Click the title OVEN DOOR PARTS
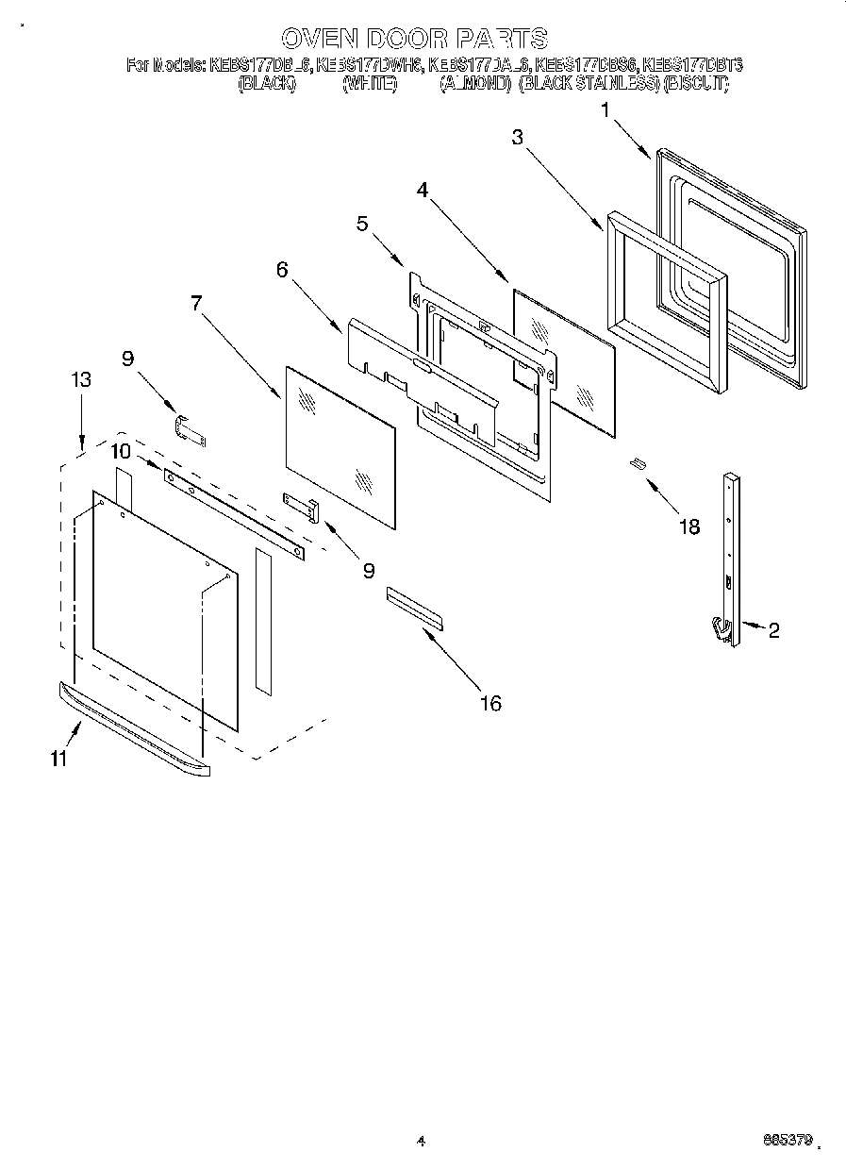click(x=414, y=39)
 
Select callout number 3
click(x=517, y=137)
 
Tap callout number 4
click(x=423, y=189)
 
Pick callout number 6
click(x=282, y=269)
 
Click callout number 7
click(x=196, y=303)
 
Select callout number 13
click(x=81, y=379)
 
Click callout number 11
click(x=59, y=760)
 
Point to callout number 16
click(x=490, y=703)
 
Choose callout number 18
click(x=689, y=526)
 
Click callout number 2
click(x=773, y=631)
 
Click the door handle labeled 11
click(x=132, y=731)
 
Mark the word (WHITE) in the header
click(x=368, y=84)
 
